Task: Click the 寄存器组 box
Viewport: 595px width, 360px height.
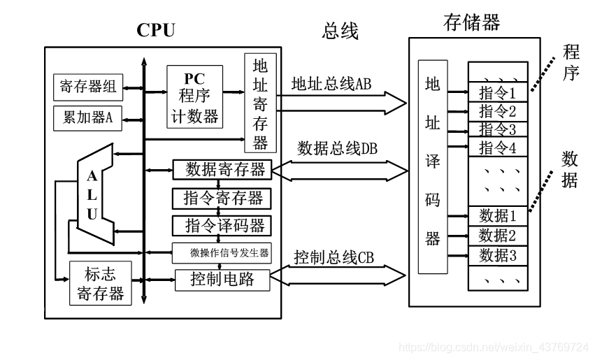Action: pyautogui.click(x=88, y=87)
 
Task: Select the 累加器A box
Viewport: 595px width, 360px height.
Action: pyautogui.click(x=88, y=117)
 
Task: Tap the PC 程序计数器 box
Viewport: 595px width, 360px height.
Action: pyautogui.click(x=194, y=96)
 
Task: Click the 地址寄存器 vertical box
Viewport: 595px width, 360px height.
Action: pyautogui.click(x=260, y=103)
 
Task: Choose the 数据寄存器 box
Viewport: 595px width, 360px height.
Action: pyautogui.click(x=222, y=169)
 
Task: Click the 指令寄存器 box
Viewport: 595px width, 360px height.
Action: pyautogui.click(x=222, y=198)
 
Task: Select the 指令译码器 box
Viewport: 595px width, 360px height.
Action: pyautogui.click(x=222, y=226)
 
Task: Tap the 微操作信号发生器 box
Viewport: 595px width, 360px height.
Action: pyautogui.click(x=222, y=252)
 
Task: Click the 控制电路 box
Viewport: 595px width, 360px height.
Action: pyautogui.click(x=222, y=280)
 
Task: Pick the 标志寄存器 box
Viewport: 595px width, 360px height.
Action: pyautogui.click(x=101, y=283)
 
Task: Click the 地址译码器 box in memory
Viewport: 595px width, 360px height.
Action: pyautogui.click(x=433, y=166)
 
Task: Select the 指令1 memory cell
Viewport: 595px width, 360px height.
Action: pyautogui.click(x=498, y=92)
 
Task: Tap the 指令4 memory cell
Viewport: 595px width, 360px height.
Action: pyautogui.click(x=498, y=147)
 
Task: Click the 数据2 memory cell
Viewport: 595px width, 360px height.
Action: pyautogui.click(x=498, y=236)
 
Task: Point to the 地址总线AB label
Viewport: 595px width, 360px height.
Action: pyautogui.click(x=331, y=85)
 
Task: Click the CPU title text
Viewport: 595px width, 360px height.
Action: pyautogui.click(x=155, y=30)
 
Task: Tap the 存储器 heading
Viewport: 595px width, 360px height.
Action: pyautogui.click(x=472, y=22)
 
